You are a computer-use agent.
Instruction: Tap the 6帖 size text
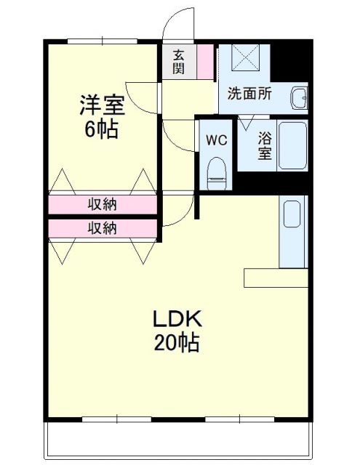[x=102, y=131]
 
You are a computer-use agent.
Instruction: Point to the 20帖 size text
[x=176, y=342]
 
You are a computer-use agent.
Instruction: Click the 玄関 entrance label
[x=178, y=62]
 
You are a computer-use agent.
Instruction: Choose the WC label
[x=216, y=140]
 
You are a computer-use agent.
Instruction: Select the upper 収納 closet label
[x=103, y=204]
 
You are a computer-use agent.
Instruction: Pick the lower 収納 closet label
[x=103, y=228]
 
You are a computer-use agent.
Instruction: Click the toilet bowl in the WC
[x=216, y=172]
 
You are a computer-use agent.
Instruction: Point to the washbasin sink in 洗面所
[x=298, y=97]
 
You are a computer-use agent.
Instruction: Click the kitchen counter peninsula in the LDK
[x=276, y=277]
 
